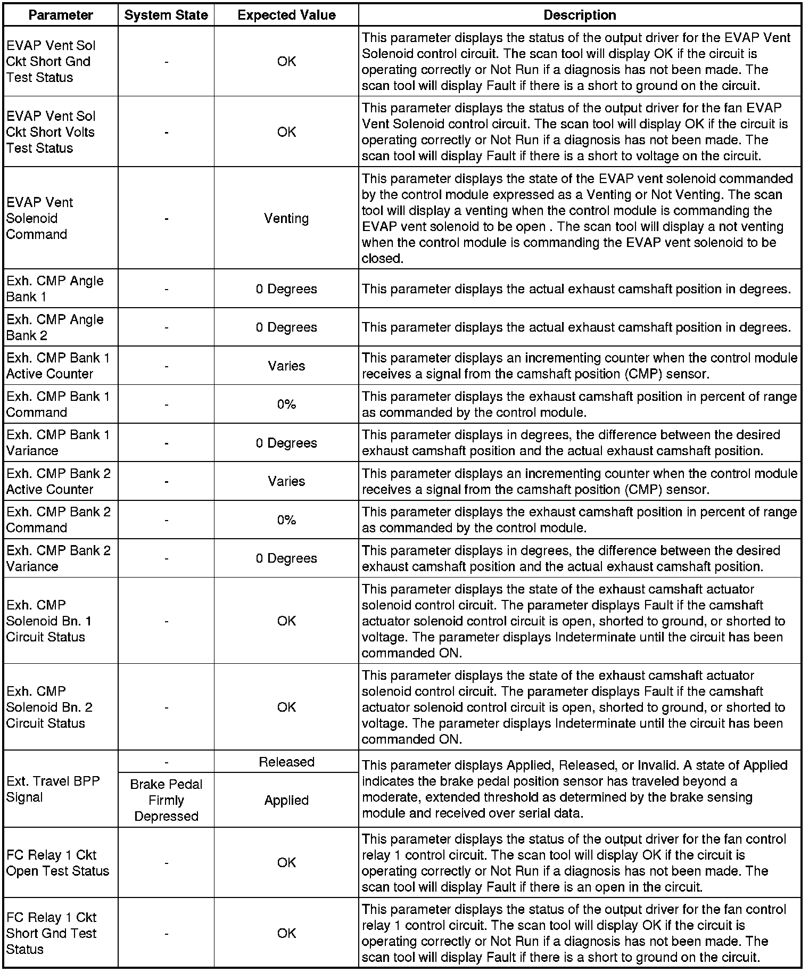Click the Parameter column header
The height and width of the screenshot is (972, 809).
coord(61,15)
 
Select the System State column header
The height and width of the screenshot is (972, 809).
coord(166,15)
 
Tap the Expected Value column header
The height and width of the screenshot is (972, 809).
coord(286,15)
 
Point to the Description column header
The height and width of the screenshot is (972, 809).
coord(580,15)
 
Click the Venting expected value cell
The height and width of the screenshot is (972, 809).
coord(286,218)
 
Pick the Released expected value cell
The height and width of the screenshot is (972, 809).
coord(286,762)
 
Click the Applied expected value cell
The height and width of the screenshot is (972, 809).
coord(286,800)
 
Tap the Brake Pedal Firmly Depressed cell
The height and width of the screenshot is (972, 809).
coord(166,800)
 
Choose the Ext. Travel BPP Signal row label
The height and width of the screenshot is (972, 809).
coord(53,789)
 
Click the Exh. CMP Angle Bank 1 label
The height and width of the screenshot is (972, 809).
coord(55,289)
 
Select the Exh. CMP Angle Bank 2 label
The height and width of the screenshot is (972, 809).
coord(55,327)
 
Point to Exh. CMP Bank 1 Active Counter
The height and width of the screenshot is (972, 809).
coord(58,366)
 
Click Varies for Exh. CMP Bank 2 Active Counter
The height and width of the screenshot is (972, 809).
coord(286,481)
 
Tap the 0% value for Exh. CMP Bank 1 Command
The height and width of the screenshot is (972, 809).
coord(286,405)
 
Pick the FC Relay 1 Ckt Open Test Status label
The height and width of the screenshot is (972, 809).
coord(57,863)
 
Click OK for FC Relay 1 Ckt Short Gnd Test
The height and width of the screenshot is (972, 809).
coord(286,933)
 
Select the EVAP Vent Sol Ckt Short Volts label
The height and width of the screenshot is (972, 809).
coord(51,132)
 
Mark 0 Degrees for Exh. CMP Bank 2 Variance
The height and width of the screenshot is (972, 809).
coord(286,558)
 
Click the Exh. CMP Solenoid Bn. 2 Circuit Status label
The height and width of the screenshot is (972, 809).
coord(49,707)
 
